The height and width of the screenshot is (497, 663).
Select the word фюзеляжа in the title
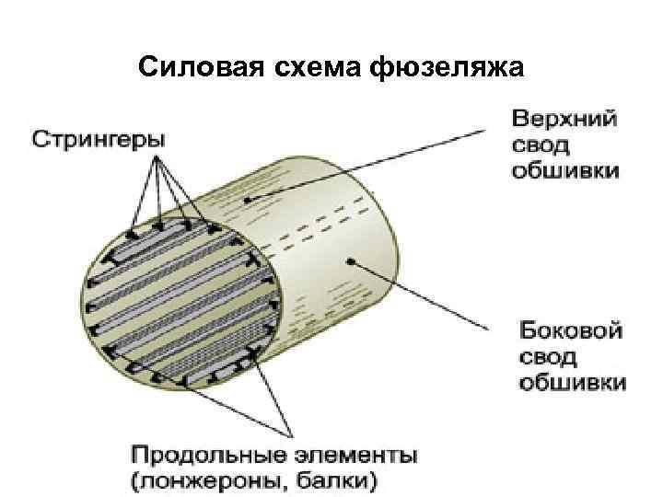click(448, 67)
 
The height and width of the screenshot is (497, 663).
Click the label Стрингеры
click(99, 141)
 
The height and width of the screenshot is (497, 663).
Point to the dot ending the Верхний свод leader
click(248, 200)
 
